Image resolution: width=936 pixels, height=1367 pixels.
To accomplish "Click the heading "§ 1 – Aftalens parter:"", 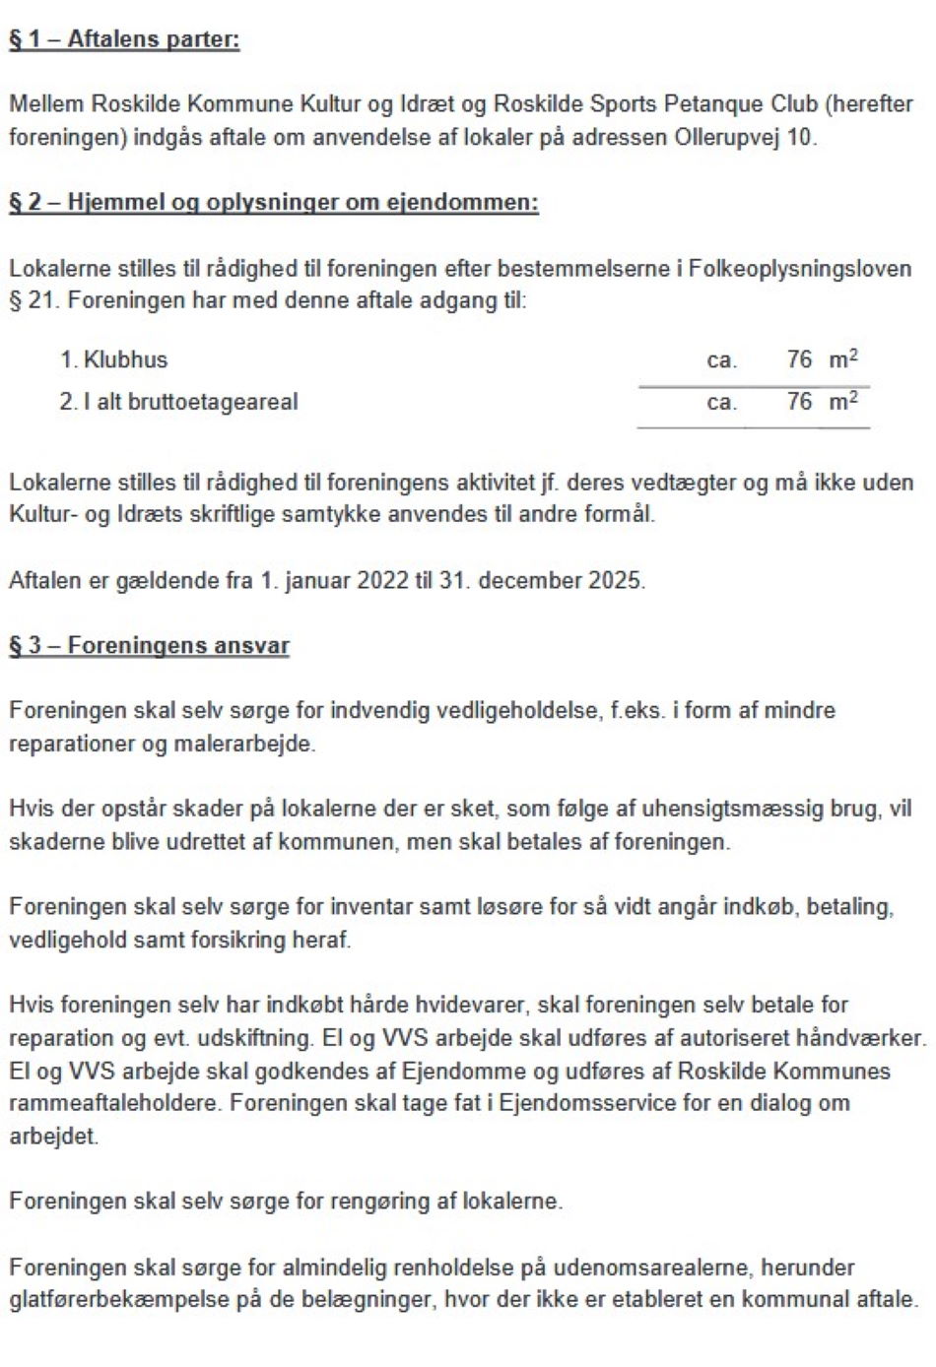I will point(124,40).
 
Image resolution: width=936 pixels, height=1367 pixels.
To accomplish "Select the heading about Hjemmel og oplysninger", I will point(274,203).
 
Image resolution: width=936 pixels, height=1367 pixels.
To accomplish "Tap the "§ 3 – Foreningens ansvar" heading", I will point(149,646).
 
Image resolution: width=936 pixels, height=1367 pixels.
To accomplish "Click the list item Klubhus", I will point(125,359).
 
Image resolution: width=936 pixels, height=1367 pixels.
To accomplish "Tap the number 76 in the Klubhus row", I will point(799,359).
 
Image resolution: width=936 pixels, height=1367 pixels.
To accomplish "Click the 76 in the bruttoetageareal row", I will point(799,402).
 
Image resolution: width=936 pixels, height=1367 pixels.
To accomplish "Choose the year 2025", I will point(616,580).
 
